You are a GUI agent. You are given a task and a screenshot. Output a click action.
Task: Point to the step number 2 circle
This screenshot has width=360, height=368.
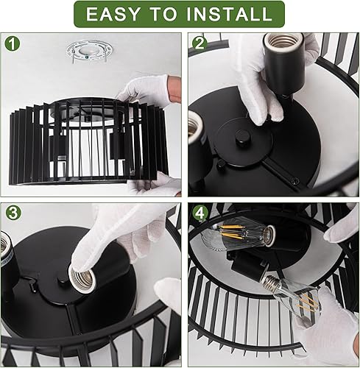click(x=199, y=43)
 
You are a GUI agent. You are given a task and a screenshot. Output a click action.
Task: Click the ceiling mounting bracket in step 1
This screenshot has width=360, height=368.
click(x=89, y=54)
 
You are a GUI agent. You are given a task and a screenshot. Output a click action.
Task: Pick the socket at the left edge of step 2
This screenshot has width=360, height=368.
click(x=197, y=136)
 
